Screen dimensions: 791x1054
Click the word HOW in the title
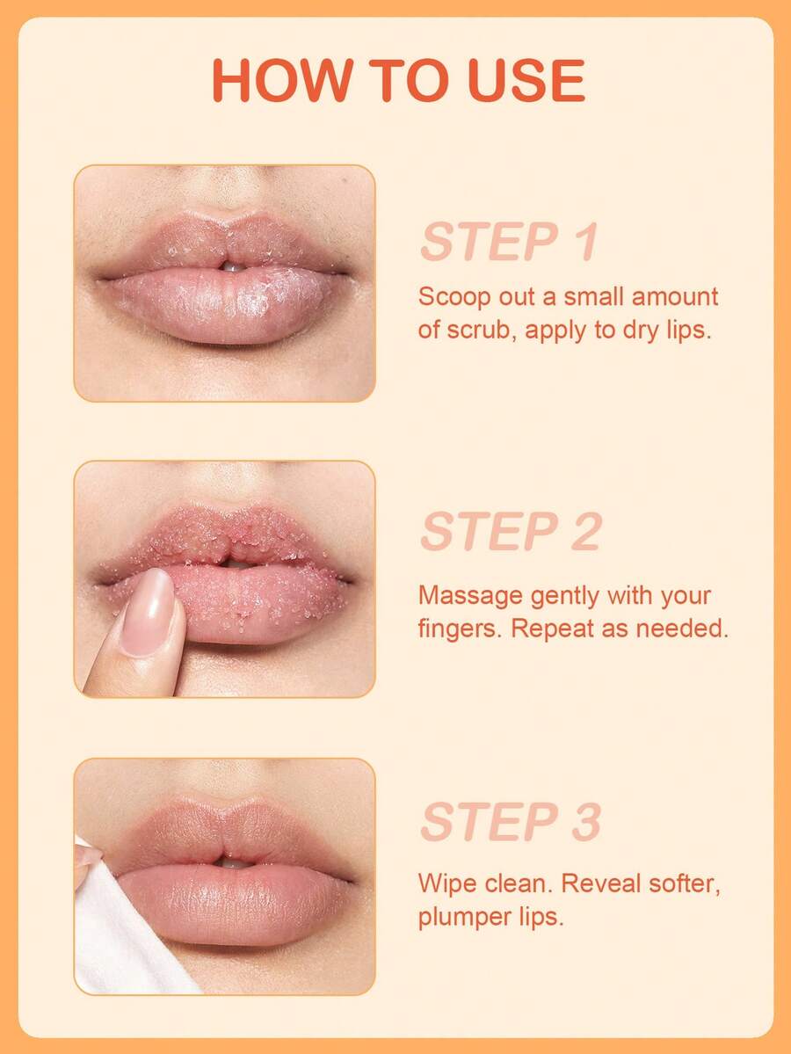[282, 81]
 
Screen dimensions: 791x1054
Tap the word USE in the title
[526, 81]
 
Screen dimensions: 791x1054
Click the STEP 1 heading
[509, 242]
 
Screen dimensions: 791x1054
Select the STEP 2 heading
[511, 531]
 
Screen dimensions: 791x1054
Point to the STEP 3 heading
[511, 821]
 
